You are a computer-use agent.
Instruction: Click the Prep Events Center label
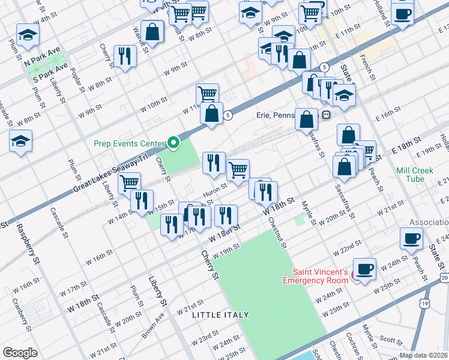tap(128, 143)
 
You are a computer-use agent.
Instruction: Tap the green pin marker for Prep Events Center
tap(174, 143)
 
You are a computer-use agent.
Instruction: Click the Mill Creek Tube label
tap(415, 175)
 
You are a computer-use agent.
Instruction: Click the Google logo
tap(20, 352)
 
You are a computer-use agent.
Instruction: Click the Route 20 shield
tap(444, 278)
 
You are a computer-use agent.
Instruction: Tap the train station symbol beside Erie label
tap(326, 115)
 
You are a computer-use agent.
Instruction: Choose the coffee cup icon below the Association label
tap(411, 238)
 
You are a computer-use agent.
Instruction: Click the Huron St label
tap(214, 189)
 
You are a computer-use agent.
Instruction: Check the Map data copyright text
tap(424, 355)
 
